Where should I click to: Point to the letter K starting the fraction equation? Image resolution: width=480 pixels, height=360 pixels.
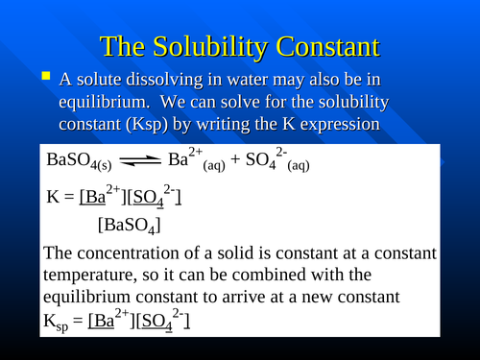point(53,198)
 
